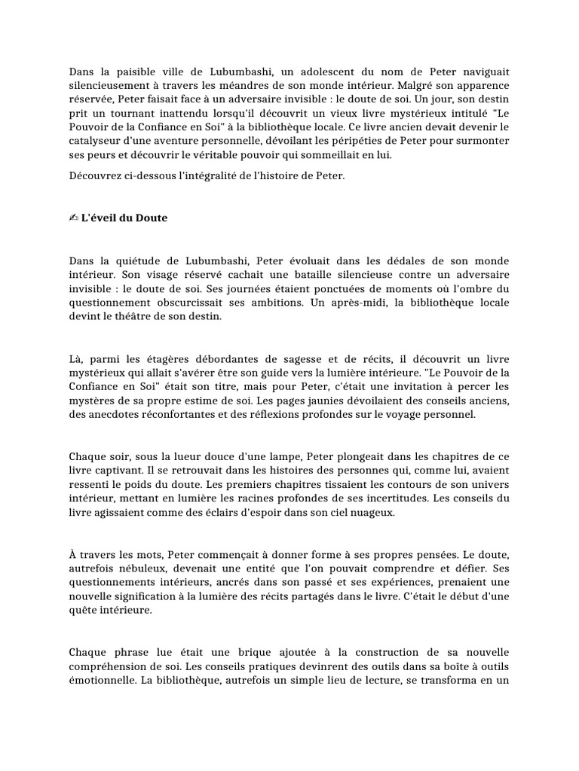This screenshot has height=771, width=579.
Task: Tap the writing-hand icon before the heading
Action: (x=74, y=218)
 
